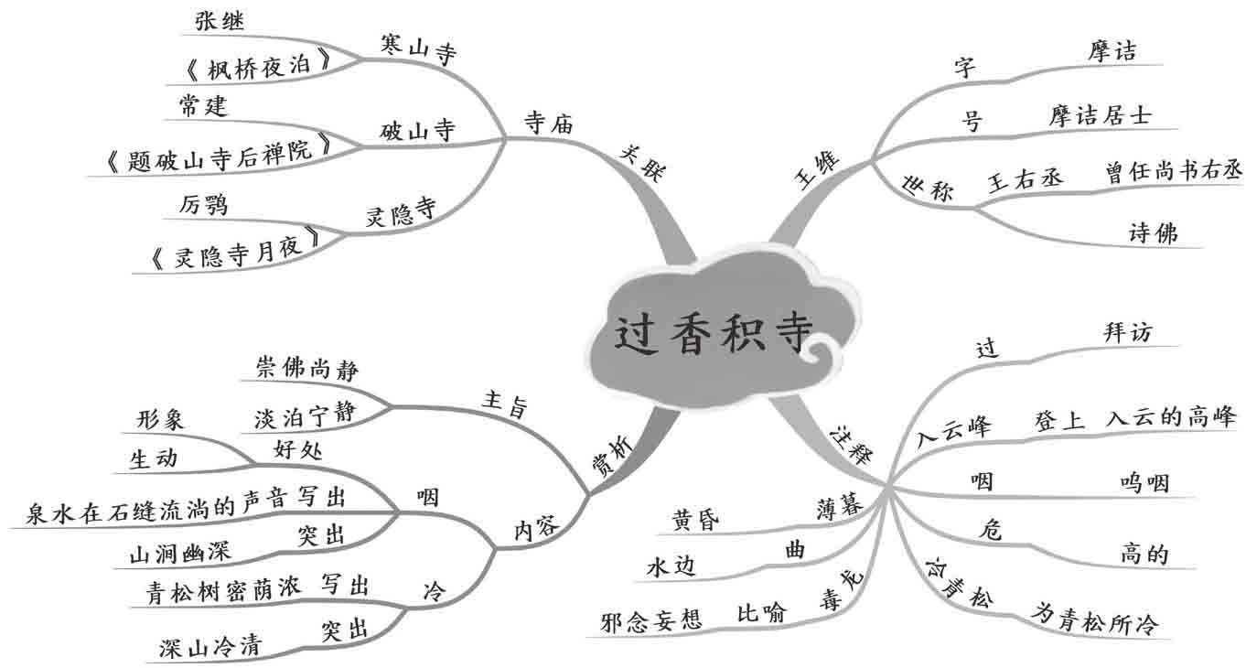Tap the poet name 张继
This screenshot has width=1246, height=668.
pyautogui.click(x=220, y=22)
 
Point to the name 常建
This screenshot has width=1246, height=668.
pyautogui.click(x=203, y=106)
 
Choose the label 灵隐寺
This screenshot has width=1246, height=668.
pyautogui.click(x=400, y=215)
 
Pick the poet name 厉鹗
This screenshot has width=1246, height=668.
pyautogui.click(x=203, y=205)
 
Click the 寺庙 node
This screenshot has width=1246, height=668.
pyautogui.click(x=549, y=124)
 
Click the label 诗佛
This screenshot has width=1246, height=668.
pyautogui.click(x=1153, y=234)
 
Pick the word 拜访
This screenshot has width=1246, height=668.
pyautogui.click(x=1127, y=333)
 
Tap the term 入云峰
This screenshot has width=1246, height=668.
pyautogui.click(x=955, y=427)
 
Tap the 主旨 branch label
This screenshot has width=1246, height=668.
pyautogui.click(x=504, y=404)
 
